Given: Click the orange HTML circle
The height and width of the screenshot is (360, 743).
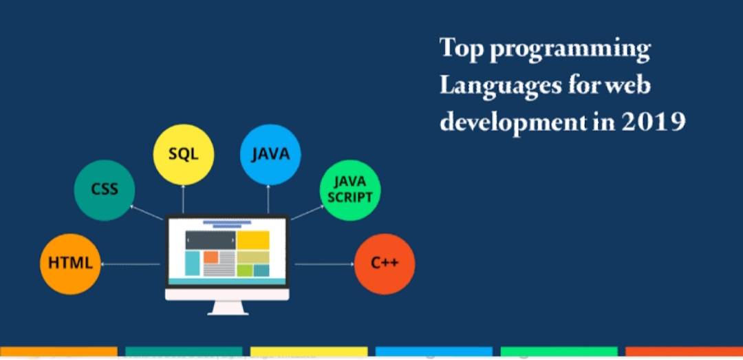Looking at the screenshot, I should pos(72,264).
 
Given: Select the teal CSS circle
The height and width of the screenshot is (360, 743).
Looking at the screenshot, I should pos(105,189).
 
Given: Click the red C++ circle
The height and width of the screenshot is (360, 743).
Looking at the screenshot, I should pos(384,264).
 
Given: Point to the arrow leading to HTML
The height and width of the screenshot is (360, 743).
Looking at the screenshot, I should pos(131,264).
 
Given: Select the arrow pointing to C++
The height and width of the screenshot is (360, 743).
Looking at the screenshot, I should pos(323,264).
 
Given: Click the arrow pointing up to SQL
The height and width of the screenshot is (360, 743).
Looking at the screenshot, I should pos(183,200).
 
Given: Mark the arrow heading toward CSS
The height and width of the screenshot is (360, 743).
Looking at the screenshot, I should pos(146,213).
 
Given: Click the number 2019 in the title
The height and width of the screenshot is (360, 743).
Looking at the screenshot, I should pos(654,123).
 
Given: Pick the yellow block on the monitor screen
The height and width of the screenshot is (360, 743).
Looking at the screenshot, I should pos(253,240).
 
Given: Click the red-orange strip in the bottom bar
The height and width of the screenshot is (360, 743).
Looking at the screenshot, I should pos(683,352).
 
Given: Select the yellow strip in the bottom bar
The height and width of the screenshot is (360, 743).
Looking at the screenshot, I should pos(308,352).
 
